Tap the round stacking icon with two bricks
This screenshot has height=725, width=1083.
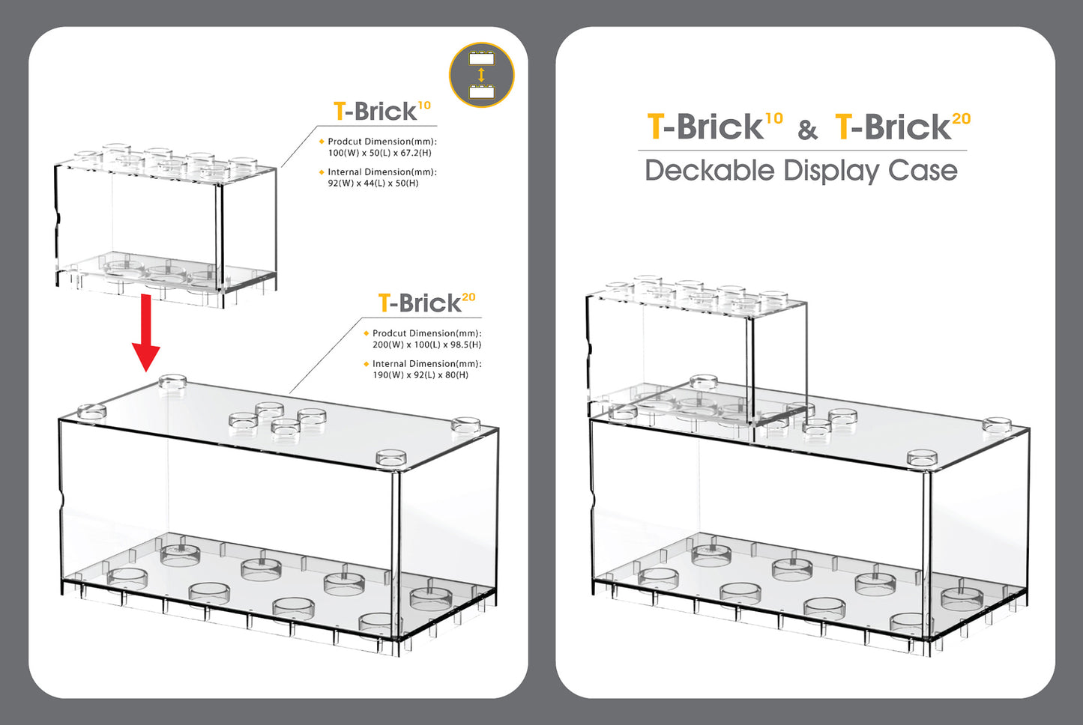tap(481, 75)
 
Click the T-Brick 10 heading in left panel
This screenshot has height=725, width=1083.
tap(381, 111)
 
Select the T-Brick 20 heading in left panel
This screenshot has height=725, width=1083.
tap(426, 303)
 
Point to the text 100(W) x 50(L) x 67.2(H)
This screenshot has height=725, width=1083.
tap(379, 153)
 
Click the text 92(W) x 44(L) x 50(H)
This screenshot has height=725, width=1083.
tap(372, 183)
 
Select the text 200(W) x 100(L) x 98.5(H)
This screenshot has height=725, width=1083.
tap(426, 345)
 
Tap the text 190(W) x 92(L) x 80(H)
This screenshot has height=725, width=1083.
tap(420, 374)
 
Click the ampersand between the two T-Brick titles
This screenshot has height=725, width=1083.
tap(807, 130)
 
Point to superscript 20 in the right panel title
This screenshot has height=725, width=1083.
tap(961, 118)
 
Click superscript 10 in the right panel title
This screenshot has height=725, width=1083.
tap(773, 118)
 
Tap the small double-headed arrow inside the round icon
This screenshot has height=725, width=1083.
tap(481, 75)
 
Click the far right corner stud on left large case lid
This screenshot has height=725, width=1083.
tap(465, 425)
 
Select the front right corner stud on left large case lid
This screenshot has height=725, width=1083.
tap(390, 458)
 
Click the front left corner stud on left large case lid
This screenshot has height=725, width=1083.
tap(91, 411)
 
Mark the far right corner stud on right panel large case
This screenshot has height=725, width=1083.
tap(997, 425)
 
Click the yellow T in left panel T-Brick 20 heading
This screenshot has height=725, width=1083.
tap(384, 303)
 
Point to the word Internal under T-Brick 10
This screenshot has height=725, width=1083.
tap(345, 172)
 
